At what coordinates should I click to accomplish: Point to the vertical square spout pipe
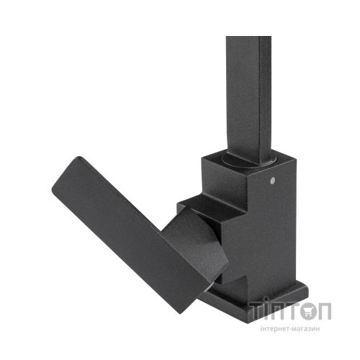click(248, 86)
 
